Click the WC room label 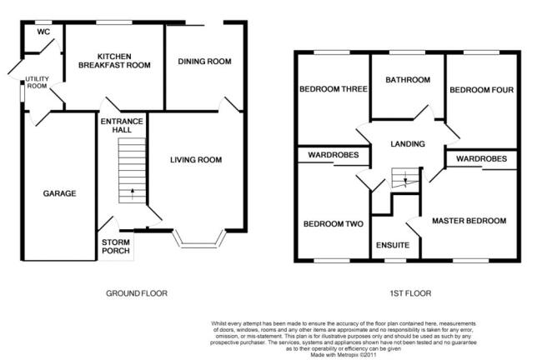point(43,32)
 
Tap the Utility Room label point(37,82)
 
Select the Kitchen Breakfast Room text point(114,61)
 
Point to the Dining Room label point(204,62)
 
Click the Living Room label point(196,160)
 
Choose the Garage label point(60,193)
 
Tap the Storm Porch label point(116,247)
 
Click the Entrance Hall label point(122,126)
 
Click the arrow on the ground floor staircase point(133,194)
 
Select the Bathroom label point(408,80)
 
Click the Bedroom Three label point(334,89)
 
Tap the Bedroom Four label point(482,90)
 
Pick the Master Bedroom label point(469,221)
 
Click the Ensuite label point(393,245)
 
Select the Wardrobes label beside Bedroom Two point(334,155)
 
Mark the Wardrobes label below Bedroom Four point(482,159)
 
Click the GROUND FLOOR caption point(137,293)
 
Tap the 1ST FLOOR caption point(410,293)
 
